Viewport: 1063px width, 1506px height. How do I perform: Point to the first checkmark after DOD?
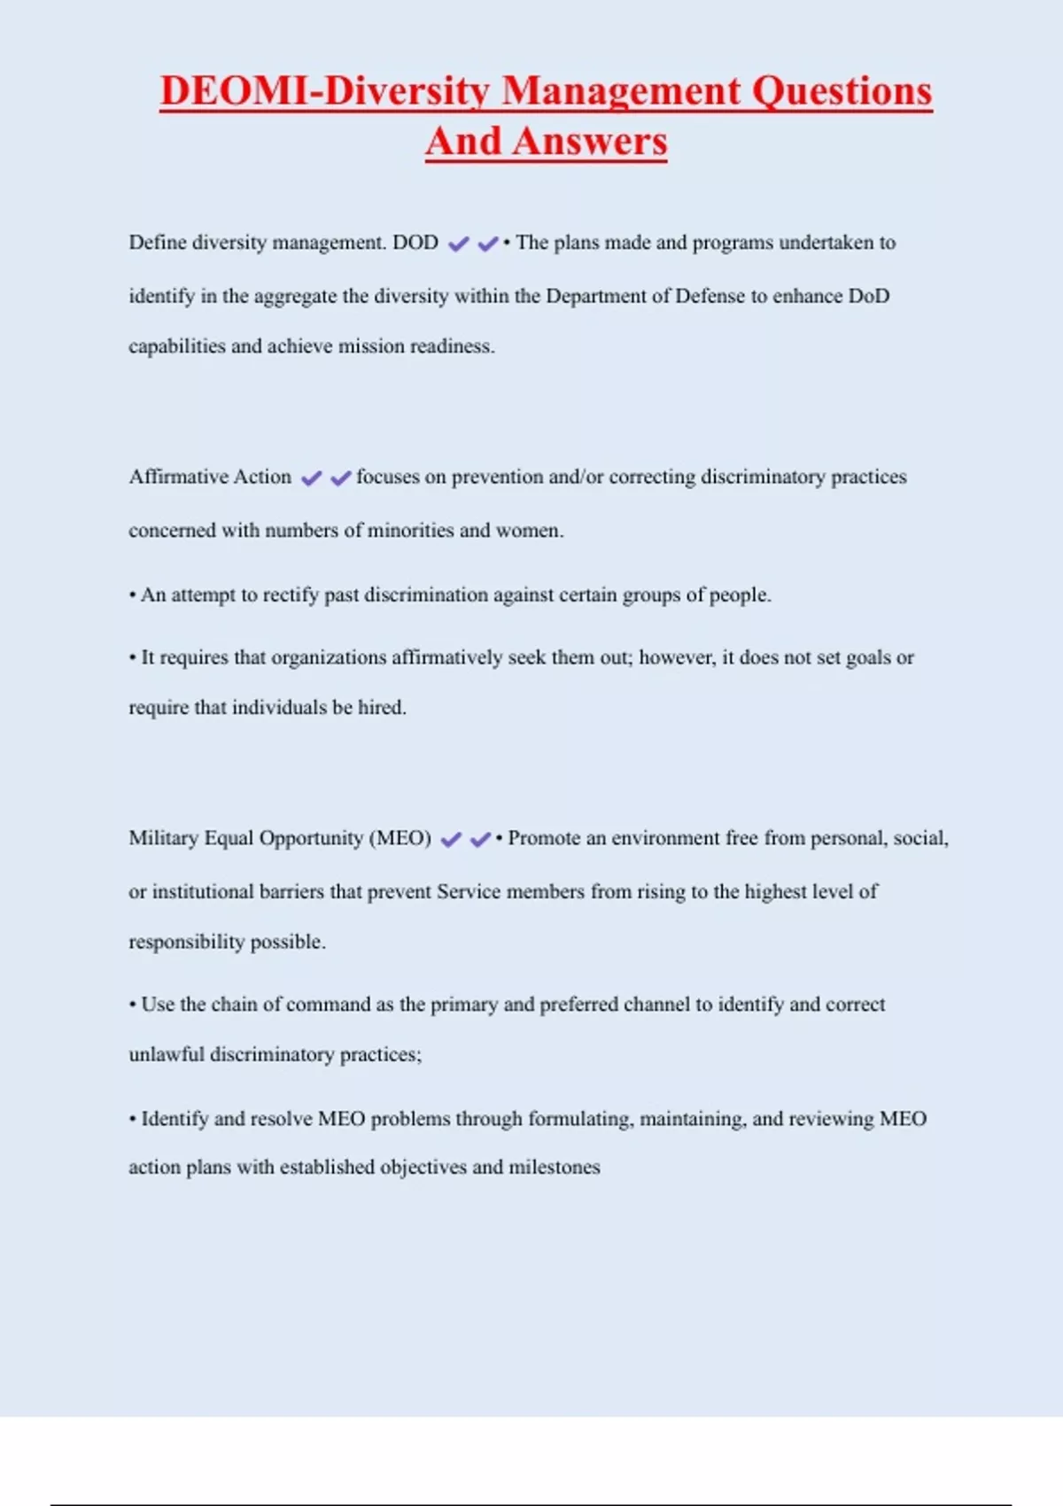click(x=458, y=244)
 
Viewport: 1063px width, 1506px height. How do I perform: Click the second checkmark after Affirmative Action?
click(x=341, y=478)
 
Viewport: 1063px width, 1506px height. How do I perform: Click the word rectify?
click(x=291, y=594)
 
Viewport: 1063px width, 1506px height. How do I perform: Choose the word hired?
click(x=382, y=708)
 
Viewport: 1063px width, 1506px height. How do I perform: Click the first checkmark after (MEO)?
click(x=451, y=839)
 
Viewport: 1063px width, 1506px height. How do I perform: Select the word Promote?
click(x=543, y=838)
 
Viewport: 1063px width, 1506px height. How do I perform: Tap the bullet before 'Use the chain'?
click(x=133, y=1005)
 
